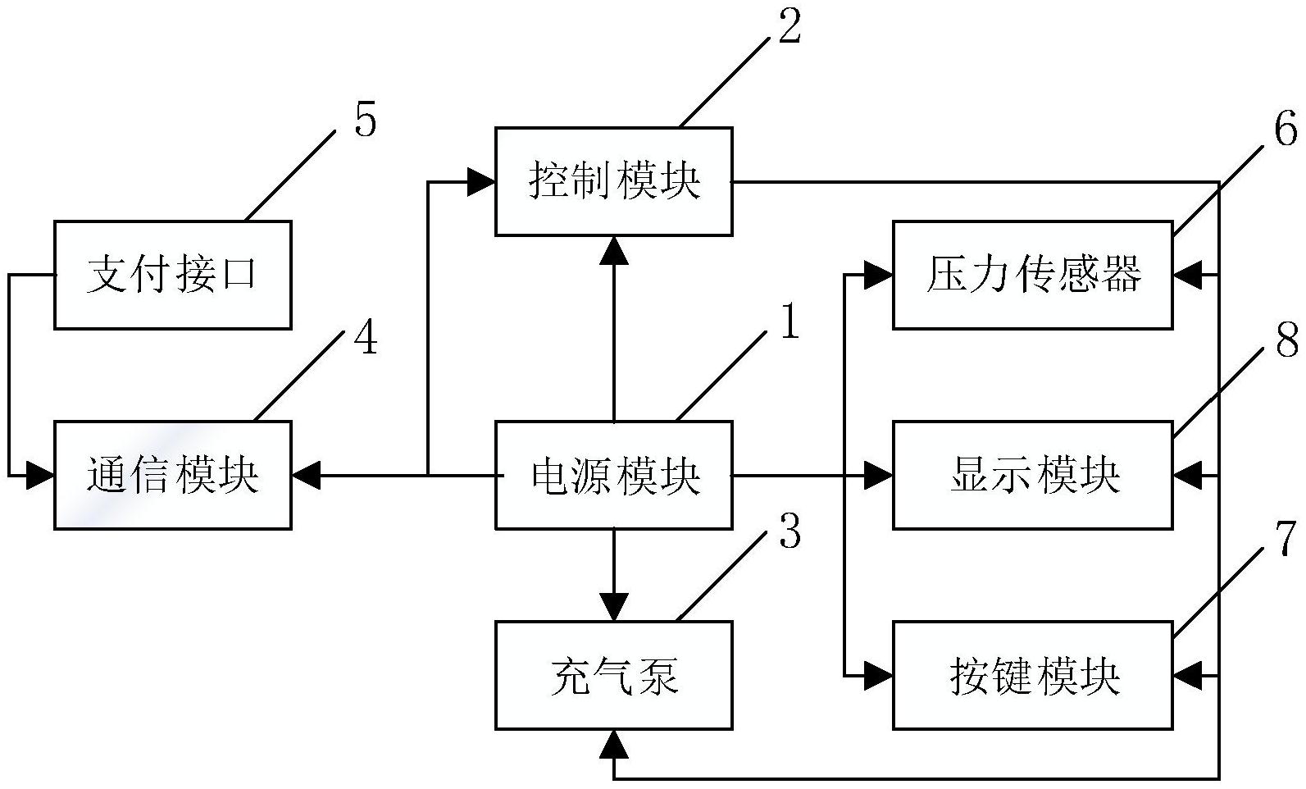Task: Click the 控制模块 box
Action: (613, 181)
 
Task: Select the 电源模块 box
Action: (613, 475)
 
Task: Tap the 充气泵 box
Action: (613, 675)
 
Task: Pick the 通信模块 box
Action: (173, 475)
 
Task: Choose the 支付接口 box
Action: (173, 275)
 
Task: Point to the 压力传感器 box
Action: (1032, 275)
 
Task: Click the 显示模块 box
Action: (1032, 475)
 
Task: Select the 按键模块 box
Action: (1032, 675)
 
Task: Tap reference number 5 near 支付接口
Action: (366, 121)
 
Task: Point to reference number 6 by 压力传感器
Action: (1286, 129)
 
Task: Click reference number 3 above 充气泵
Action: (789, 532)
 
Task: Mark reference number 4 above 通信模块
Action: (366, 337)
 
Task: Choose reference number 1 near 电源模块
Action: (789, 322)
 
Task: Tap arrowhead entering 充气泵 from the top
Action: (614, 607)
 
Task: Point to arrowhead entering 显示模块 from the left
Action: (879, 475)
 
